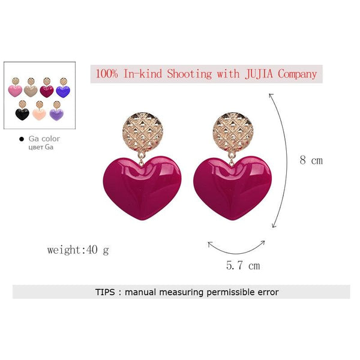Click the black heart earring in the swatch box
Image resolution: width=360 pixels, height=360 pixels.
pyautogui.click(x=22, y=110)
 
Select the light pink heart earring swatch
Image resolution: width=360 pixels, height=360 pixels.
pyautogui.click(x=15, y=87)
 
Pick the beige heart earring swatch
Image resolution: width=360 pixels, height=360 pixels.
pyautogui.click(x=31, y=87)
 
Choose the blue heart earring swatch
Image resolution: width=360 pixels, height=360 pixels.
pyautogui.click(x=63, y=88)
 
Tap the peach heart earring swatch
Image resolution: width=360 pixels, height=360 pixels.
pyautogui.click(x=39, y=110)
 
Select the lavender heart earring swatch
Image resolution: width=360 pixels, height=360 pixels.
pyautogui.click(x=56, y=110)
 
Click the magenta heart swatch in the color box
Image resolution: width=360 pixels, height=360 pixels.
pyautogui.click(x=47, y=88)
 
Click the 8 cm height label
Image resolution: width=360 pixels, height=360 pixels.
pyautogui.click(x=311, y=160)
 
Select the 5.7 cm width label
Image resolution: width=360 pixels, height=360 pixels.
pyautogui.click(x=243, y=266)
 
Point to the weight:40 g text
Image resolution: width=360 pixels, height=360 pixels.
pyautogui.click(x=78, y=250)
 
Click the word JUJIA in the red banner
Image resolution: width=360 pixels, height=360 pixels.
pyautogui.click(x=259, y=74)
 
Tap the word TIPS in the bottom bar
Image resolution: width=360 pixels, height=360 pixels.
pyautogui.click(x=105, y=292)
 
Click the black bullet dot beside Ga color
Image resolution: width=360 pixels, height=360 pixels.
pyautogui.click(x=22, y=139)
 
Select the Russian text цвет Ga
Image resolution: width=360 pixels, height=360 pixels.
pyautogui.click(x=41, y=147)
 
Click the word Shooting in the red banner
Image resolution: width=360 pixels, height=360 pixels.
pyautogui.click(x=190, y=74)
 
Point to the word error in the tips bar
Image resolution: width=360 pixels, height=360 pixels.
pyautogui.click(x=268, y=292)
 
